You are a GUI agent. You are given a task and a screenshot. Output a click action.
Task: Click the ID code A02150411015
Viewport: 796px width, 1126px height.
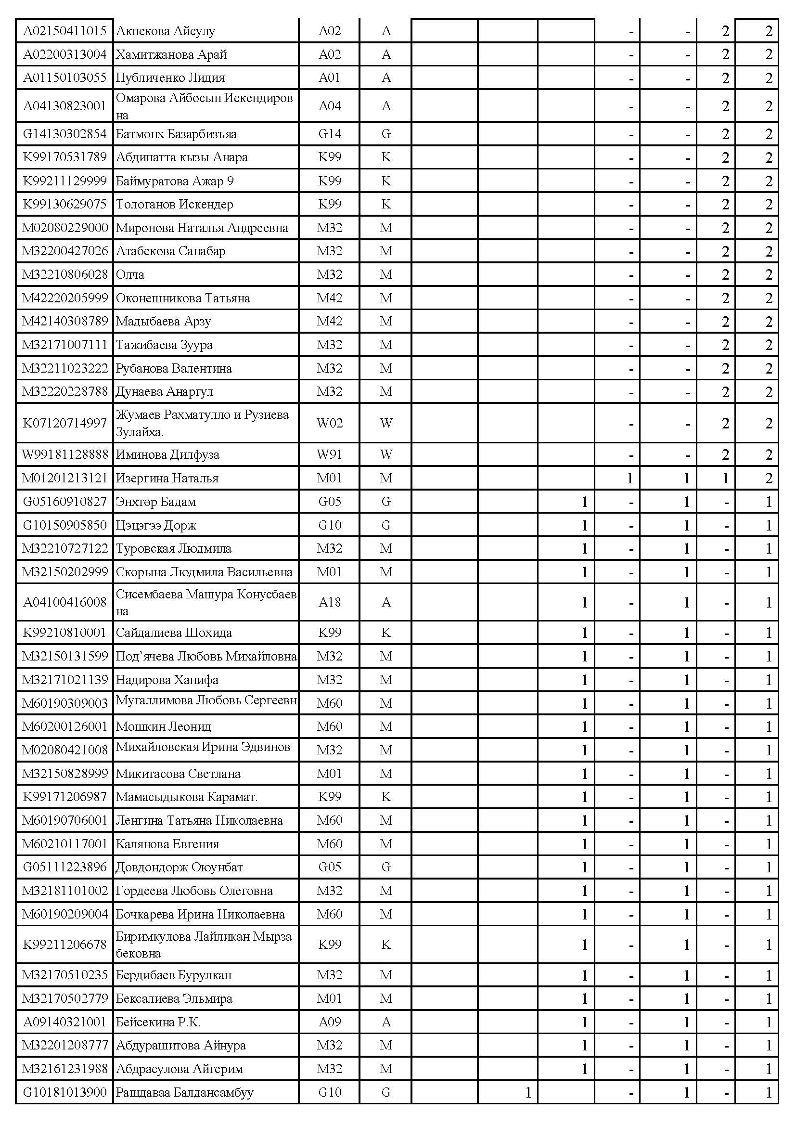64,31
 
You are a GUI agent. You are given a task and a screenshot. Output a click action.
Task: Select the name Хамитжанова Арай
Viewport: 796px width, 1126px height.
171,54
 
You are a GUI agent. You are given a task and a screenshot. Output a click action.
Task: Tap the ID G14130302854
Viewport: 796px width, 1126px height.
64,134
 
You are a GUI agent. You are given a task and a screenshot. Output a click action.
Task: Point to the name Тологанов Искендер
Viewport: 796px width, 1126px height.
175,204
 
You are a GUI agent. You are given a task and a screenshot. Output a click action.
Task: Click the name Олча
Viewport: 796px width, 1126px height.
130,274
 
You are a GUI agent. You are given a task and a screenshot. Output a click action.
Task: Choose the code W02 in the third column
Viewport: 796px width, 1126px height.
329,423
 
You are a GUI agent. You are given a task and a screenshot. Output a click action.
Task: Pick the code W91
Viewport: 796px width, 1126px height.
329,454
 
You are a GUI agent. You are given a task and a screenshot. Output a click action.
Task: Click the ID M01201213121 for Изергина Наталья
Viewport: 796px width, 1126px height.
64,478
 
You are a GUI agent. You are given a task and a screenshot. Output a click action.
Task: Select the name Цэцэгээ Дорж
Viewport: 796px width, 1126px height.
156,525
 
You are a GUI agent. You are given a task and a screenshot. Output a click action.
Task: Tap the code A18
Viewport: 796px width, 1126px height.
329,602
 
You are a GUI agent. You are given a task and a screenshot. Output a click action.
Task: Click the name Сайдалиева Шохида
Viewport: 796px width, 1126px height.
174,633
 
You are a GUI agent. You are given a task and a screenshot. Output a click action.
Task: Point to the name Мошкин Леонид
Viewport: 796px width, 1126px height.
163,726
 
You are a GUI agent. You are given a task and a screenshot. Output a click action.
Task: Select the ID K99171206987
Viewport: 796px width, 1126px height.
64,796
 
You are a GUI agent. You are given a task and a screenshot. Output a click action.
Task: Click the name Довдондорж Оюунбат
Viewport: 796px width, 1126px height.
180,867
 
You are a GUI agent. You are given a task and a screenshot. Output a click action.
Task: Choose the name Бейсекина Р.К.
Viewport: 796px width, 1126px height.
158,1022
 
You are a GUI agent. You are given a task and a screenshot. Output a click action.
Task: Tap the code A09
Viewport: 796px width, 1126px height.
329,1022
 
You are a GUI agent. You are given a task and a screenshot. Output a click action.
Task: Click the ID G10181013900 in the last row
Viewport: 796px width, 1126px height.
64,1092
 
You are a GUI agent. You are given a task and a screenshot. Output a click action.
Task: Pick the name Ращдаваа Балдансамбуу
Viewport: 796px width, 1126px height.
184,1092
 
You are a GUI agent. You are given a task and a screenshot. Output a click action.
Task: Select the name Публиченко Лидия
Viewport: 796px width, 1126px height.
170,78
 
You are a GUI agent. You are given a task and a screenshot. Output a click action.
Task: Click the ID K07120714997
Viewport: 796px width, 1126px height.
64,423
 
